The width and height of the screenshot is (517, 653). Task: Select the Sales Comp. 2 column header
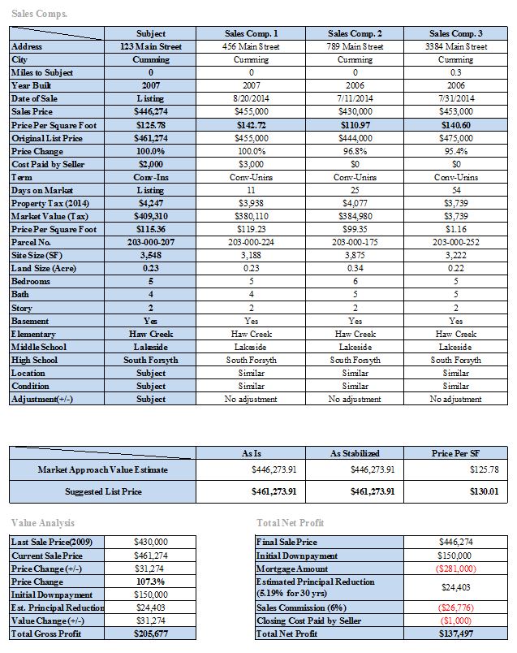point(355,33)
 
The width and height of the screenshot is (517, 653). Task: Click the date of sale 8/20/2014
point(252,98)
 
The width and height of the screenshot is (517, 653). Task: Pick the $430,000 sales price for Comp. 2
point(355,111)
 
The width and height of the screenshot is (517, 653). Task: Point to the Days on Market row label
point(42,190)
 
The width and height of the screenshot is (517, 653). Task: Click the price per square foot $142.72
point(252,125)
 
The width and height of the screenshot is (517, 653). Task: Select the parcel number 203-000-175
point(355,242)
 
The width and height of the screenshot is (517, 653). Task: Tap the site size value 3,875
point(355,255)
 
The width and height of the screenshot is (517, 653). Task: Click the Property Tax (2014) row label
point(50,203)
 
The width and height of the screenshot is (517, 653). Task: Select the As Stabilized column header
point(355,452)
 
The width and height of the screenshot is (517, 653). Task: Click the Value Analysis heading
point(43,522)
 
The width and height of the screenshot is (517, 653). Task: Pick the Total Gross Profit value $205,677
point(150,634)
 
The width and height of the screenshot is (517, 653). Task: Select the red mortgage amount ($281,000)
point(456,569)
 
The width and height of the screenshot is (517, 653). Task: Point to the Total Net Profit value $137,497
point(456,634)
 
